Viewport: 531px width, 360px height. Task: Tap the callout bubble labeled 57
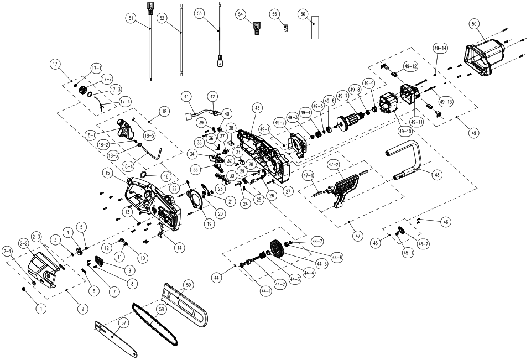pyautogui.click(x=124, y=322)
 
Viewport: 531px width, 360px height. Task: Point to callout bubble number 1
pyautogui.click(x=40, y=309)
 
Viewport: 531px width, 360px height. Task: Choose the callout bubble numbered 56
pyautogui.click(x=317, y=13)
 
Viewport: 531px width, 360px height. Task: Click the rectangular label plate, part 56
pyautogui.click(x=315, y=28)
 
